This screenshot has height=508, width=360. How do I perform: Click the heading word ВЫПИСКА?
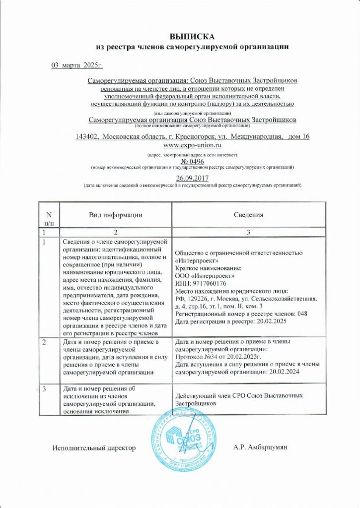(192, 37)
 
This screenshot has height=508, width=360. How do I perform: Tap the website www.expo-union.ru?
(192, 145)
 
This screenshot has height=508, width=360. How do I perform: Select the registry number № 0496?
(192, 161)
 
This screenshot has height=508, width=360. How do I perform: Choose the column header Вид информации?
(116, 215)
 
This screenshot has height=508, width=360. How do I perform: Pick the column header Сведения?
(248, 215)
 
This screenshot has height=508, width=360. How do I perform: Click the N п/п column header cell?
(49, 218)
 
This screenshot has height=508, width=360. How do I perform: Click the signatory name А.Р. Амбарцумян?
(260, 447)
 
